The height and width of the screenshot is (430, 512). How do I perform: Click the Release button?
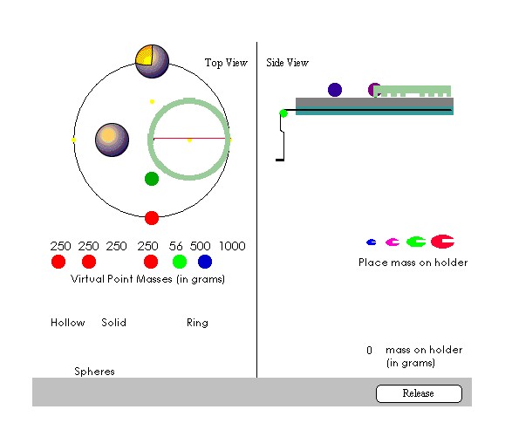click(x=419, y=393)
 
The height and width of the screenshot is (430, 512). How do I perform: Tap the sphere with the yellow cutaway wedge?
click(x=152, y=61)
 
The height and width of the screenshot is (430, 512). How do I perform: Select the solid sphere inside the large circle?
click(x=112, y=140)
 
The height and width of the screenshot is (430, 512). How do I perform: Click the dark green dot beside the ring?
click(x=152, y=179)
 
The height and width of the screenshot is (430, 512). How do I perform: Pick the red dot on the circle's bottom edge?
click(x=152, y=218)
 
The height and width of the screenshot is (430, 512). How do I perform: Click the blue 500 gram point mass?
click(x=205, y=262)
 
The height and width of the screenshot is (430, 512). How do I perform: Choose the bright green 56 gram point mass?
click(x=180, y=262)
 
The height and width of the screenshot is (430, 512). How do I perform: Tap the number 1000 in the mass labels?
click(x=232, y=246)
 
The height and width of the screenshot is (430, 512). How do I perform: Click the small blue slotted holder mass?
click(x=372, y=242)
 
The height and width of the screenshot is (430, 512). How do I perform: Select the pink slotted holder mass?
click(x=393, y=242)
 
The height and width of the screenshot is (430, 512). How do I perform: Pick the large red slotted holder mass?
click(x=442, y=242)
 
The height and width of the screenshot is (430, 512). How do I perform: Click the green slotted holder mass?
click(x=416, y=242)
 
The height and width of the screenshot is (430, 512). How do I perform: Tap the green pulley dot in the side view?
click(x=283, y=113)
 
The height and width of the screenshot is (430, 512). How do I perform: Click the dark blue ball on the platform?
click(x=335, y=90)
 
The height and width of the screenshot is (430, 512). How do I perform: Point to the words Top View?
click(x=226, y=62)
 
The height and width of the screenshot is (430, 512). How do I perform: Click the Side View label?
click(x=287, y=62)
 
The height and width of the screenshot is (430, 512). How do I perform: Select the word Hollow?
click(x=67, y=323)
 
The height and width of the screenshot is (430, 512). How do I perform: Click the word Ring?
click(x=197, y=323)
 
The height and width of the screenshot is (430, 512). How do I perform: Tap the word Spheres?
click(x=94, y=372)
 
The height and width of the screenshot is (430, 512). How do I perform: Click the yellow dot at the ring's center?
click(x=189, y=140)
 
